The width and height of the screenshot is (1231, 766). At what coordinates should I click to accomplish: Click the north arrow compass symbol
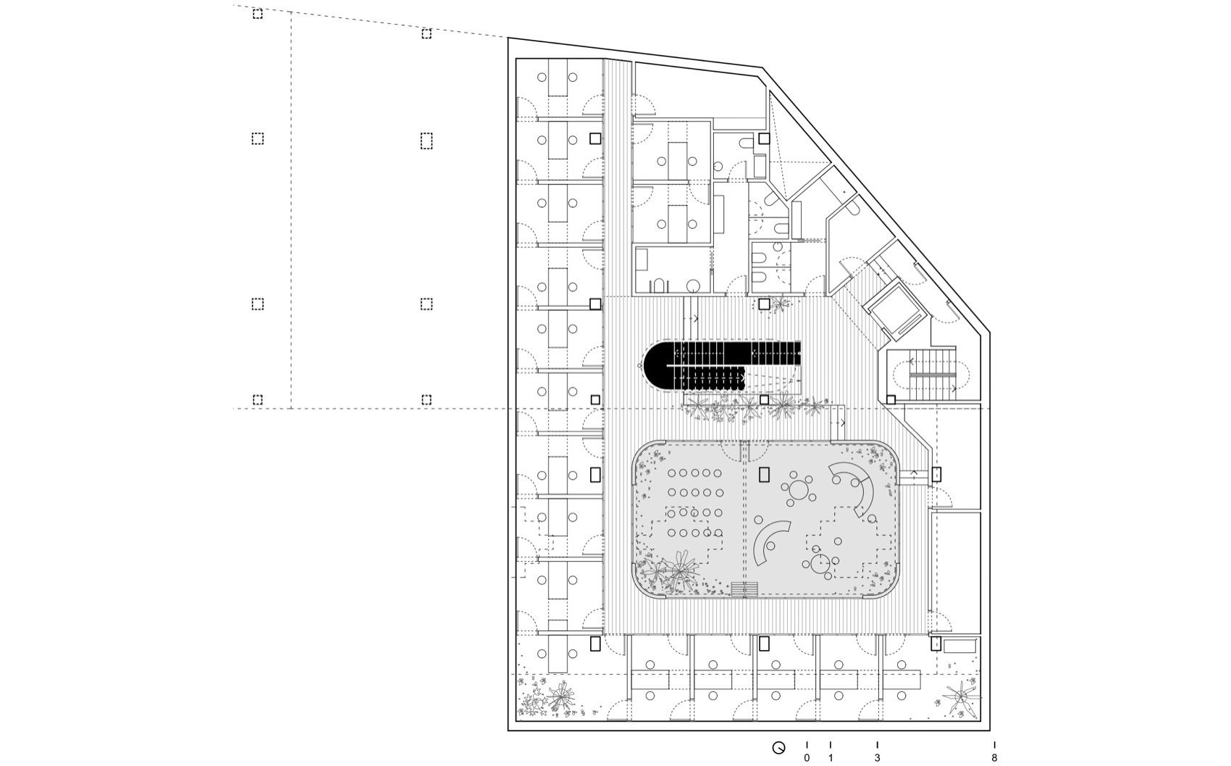[x=779, y=748]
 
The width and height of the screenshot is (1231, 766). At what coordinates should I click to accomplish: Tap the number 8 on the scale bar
[x=994, y=758]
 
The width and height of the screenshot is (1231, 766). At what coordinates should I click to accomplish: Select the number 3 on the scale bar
[x=878, y=758]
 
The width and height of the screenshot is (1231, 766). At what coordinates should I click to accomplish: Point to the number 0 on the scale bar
[x=807, y=758]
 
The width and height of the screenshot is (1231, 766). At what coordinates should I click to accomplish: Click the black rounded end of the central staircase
[x=659, y=365]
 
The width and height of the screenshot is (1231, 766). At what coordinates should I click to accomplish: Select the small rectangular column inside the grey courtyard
[x=764, y=475]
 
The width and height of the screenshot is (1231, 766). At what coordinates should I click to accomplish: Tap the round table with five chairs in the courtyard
[x=799, y=491]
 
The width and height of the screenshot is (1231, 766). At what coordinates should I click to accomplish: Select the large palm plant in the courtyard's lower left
[x=679, y=570]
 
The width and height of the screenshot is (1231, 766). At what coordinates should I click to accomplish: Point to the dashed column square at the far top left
[x=258, y=14]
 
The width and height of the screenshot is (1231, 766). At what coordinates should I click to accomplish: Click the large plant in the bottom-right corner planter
[x=962, y=698]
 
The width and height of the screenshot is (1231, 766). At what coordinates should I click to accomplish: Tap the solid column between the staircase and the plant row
[x=764, y=399]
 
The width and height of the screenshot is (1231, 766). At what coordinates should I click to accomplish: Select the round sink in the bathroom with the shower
[x=693, y=286]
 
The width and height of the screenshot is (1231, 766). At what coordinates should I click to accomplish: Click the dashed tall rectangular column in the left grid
[x=427, y=140]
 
